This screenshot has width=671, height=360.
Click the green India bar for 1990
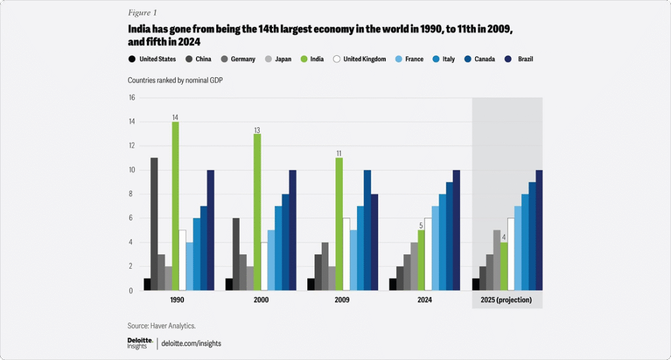[x=175, y=206]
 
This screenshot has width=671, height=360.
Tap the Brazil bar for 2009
[x=374, y=242]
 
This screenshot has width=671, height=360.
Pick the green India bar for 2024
[x=421, y=260]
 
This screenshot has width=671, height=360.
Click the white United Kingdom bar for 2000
[x=264, y=266]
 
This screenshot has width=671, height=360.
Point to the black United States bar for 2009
[x=311, y=285]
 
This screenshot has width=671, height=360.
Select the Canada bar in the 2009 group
[x=367, y=230]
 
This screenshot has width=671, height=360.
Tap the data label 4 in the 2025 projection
[x=503, y=238]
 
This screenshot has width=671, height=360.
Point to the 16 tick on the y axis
[x=131, y=98]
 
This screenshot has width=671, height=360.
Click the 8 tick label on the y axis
[x=132, y=194]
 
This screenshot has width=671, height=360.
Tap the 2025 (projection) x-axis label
[x=507, y=300]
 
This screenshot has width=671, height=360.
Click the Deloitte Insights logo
[x=141, y=343]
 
